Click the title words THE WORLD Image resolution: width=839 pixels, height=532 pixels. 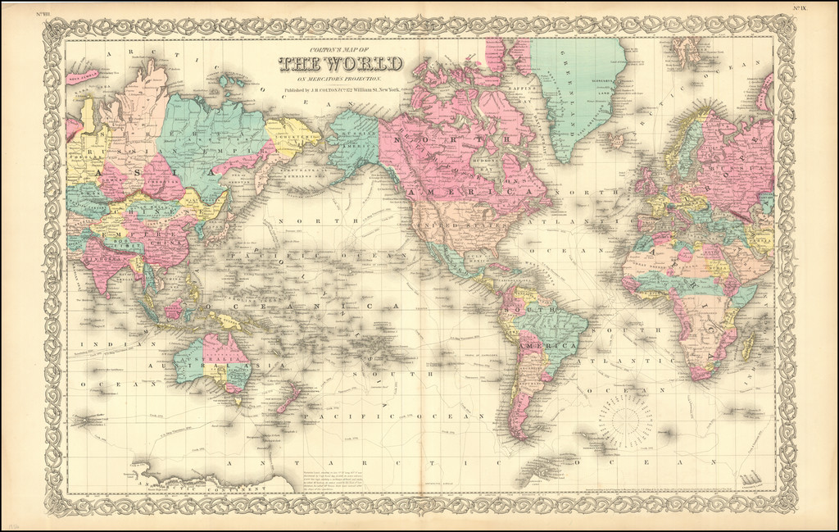340,64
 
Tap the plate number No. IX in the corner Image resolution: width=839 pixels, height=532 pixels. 800,8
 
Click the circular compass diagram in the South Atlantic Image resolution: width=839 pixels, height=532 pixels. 625,419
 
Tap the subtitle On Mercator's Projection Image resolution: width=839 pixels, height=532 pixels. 340,78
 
